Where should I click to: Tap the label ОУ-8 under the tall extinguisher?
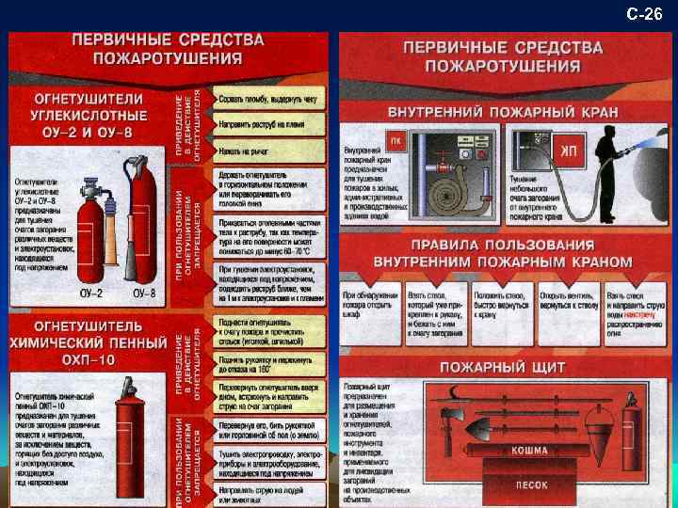pos(144,294)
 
